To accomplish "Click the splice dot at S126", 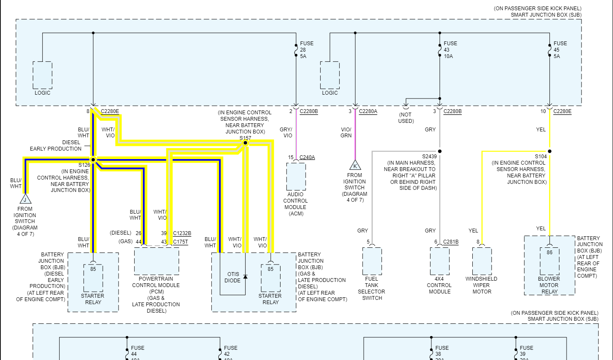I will [x=93, y=160].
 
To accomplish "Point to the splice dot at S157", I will [x=245, y=143].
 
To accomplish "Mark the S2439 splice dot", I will [x=440, y=151].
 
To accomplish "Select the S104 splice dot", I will [x=549, y=151].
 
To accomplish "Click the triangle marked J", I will [x=25, y=199].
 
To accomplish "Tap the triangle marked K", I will [x=355, y=165].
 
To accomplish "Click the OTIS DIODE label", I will [x=233, y=277].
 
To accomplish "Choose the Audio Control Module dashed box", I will [x=296, y=176].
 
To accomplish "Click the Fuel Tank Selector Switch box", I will [x=372, y=261].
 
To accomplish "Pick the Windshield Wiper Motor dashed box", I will [x=482, y=261].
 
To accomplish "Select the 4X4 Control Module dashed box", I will [x=440, y=261].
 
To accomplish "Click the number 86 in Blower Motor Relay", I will [x=549, y=252].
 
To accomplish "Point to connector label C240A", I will [x=307, y=157].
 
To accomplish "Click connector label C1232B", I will [x=182, y=233].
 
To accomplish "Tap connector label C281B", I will [x=451, y=242].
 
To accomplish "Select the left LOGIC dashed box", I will [x=43, y=75].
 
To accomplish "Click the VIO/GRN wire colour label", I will [x=346, y=132].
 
